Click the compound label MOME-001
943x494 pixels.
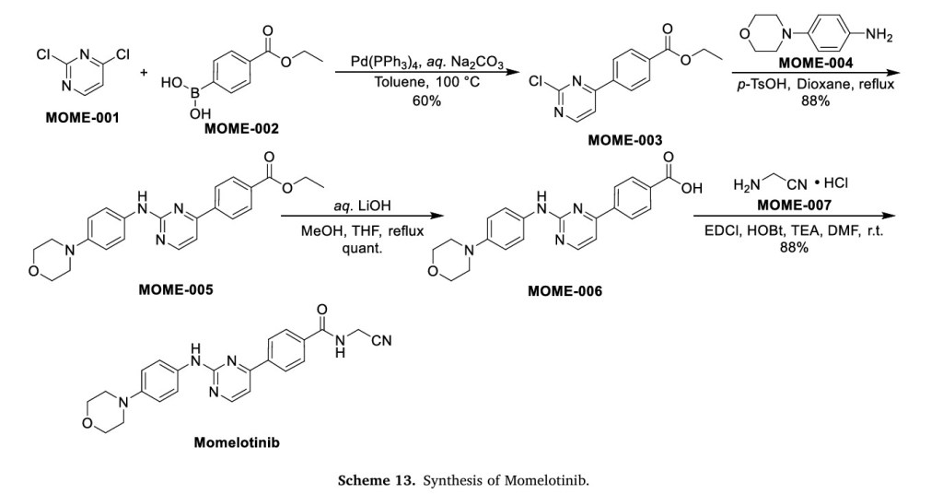82,119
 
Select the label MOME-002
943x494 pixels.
241,128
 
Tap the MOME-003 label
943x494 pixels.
625,139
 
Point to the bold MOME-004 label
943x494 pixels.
816,64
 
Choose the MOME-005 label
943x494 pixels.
175,289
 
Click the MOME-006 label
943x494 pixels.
565,290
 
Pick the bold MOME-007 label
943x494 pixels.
793,204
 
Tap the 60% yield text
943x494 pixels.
426,100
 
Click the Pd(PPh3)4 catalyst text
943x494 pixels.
382,62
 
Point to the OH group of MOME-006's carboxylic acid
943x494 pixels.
692,189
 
